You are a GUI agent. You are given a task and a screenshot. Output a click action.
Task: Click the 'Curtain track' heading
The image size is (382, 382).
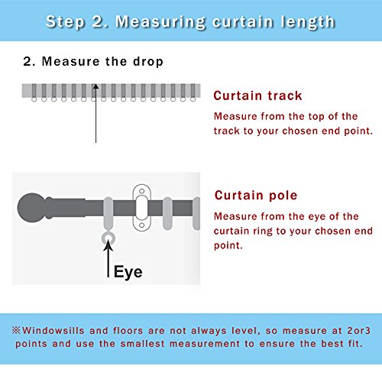point(257,95)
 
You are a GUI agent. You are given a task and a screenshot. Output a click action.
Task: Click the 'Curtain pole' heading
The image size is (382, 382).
point(256,196)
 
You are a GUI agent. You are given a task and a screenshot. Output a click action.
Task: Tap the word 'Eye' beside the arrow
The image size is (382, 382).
point(128,272)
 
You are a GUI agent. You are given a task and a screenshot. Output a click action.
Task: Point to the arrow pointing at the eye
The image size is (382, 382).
point(108,258)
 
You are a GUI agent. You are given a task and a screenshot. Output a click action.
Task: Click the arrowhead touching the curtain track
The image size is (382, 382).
point(95,87)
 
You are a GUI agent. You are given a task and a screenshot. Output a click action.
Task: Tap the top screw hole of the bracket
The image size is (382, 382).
point(142,191)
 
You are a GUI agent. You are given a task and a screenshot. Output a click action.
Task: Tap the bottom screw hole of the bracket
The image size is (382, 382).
point(142,225)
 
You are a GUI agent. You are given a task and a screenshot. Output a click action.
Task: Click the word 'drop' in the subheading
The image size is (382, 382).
point(148,62)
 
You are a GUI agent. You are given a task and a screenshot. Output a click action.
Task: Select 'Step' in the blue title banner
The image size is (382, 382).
point(65,22)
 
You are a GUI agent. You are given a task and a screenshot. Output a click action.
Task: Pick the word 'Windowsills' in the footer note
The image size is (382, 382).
point(53,331)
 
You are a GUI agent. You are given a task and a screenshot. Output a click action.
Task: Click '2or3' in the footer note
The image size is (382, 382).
point(359,331)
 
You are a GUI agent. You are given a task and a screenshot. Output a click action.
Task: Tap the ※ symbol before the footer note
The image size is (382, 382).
point(16,330)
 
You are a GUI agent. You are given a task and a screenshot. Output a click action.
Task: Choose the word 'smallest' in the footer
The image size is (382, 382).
point(142,344)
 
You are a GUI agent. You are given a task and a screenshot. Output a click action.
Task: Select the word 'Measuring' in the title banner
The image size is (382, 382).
point(160,22)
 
